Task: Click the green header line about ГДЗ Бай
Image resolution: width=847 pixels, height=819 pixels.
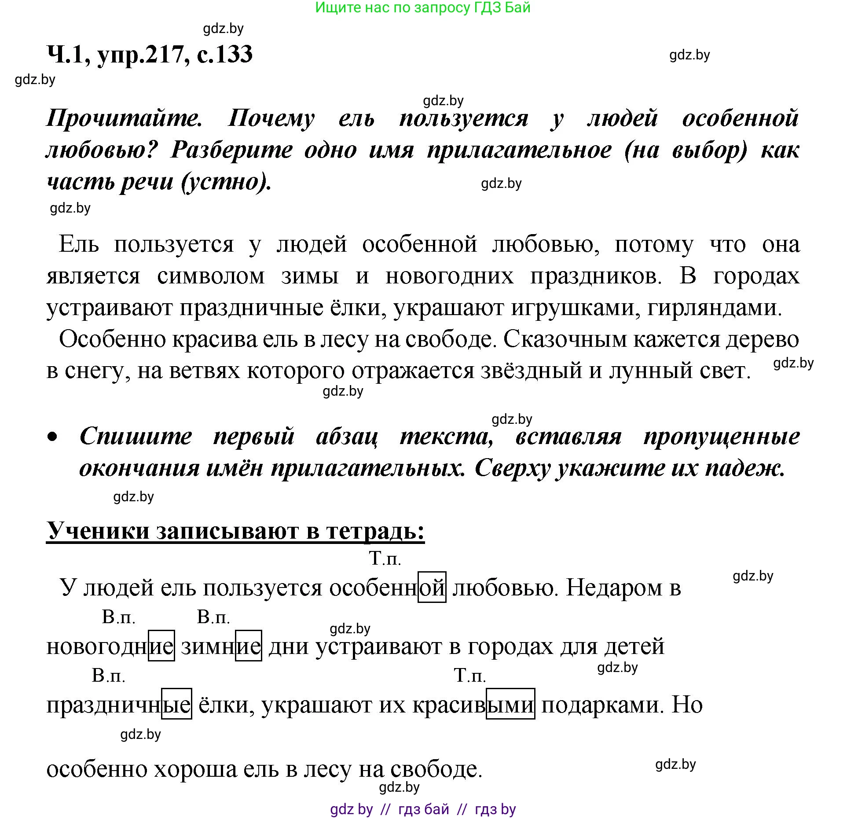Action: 423,7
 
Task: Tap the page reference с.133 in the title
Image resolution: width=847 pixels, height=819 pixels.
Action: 224,54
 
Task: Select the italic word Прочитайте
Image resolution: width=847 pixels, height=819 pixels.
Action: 125,118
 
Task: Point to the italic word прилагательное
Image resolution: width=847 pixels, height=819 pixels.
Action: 519,151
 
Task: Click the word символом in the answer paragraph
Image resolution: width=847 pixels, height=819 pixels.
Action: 211,276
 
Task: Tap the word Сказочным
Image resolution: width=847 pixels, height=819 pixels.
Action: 565,339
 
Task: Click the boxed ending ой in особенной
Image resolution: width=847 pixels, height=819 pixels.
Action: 432,587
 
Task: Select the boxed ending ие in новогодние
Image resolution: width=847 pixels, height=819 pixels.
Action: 161,646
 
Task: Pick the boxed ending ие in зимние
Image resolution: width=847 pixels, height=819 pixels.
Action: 249,646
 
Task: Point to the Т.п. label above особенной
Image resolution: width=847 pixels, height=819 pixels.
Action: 385,559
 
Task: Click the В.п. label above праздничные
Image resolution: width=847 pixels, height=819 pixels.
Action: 109,676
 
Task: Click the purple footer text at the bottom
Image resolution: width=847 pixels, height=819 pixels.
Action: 423,809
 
